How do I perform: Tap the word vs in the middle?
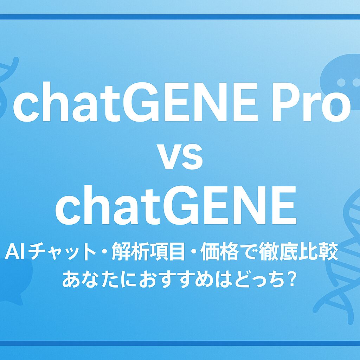pos(180,157)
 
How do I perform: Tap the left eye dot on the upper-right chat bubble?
pos(342,82)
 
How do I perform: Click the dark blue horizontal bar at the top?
pos(180,17)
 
